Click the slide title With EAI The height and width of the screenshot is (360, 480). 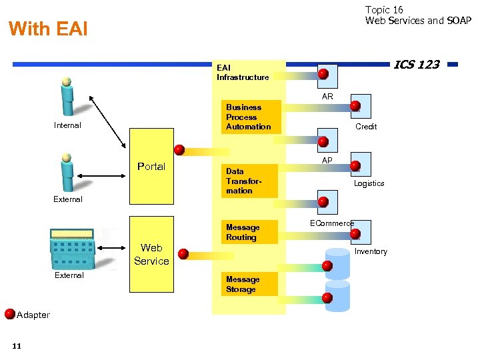48,29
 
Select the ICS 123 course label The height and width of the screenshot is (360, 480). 416,65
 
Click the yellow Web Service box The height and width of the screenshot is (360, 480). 151,254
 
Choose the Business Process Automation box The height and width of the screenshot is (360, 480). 248,117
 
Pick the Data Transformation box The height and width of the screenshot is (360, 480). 248,181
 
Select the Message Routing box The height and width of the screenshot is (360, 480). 248,232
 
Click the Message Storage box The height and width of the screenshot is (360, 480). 248,285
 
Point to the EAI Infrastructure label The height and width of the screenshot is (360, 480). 243,72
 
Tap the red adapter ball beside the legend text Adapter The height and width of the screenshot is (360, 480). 10,313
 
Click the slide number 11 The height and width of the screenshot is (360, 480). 17,345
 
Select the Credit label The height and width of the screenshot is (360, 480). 366,127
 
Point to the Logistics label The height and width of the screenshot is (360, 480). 369,183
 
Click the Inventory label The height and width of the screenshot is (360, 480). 371,251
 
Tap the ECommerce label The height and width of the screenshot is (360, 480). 331,223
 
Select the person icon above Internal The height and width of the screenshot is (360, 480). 67,97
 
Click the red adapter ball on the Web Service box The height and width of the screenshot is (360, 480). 183,254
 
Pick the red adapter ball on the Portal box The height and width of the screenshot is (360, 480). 179,149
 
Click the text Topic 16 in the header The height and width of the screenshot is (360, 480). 384,9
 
